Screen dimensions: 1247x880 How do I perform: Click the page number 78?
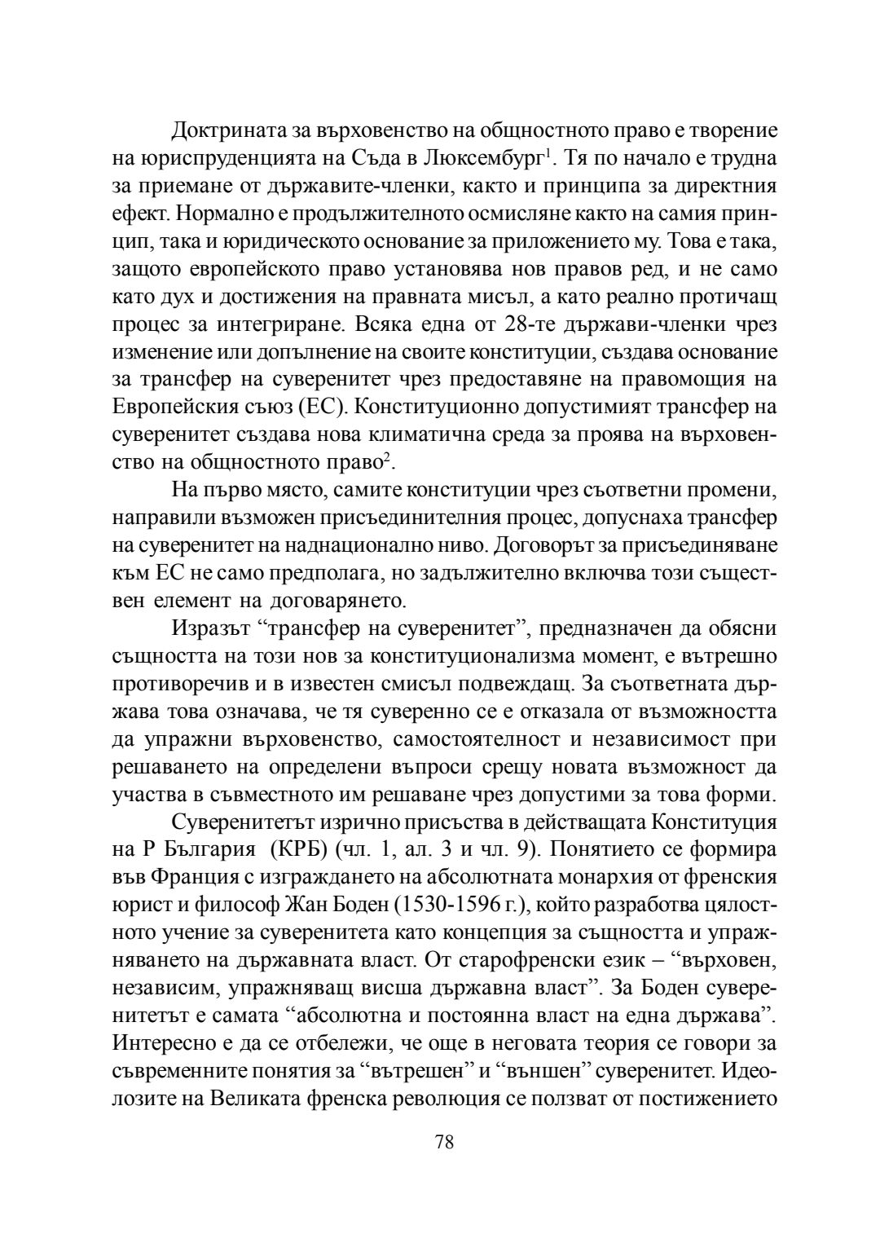pyautogui.click(x=444, y=1141)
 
